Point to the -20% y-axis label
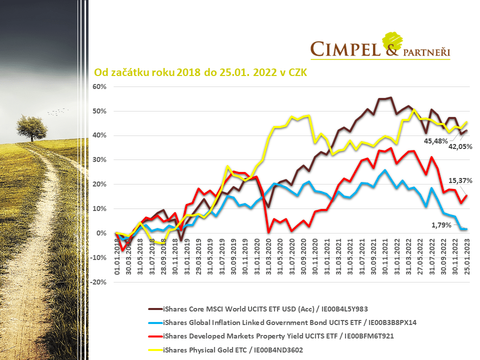(x=98, y=282)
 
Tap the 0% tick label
(x=102, y=233)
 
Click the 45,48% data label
(x=435, y=141)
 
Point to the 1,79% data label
(x=440, y=225)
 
